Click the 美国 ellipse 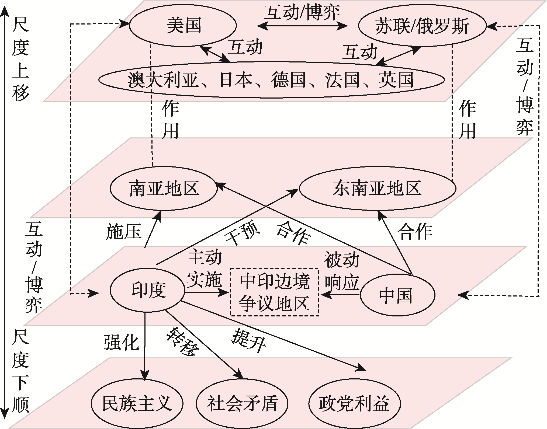[183, 26]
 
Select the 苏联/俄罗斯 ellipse [422, 26]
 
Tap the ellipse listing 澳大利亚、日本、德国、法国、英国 [271, 80]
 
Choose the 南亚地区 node [164, 188]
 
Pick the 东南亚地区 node [377, 188]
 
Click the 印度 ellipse [148, 290]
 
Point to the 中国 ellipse [397, 295]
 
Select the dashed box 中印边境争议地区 [275, 292]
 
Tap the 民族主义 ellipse [137, 403]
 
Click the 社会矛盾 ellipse [242, 403]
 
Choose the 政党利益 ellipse [354, 403]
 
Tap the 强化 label [122, 343]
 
